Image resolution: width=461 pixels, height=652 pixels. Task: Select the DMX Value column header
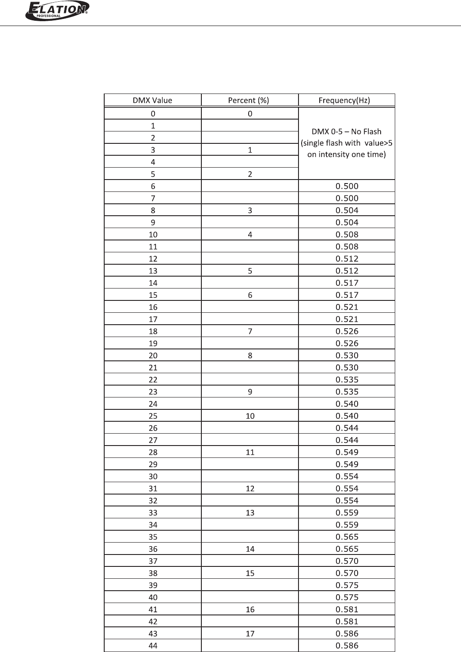pyautogui.click(x=152, y=100)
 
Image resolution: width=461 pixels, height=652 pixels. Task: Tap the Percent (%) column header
pyautogui.click(x=249, y=100)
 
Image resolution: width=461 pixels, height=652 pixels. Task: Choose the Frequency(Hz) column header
pyautogui.click(x=347, y=100)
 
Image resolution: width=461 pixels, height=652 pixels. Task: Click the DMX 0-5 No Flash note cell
pyautogui.click(x=347, y=143)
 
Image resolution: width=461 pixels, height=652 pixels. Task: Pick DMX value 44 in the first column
pyautogui.click(x=153, y=646)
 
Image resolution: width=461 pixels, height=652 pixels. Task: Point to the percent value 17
pyautogui.click(x=250, y=633)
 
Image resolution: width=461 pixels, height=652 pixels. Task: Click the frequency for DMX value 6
pyautogui.click(x=347, y=186)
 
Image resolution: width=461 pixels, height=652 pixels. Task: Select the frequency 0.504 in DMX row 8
pyautogui.click(x=347, y=210)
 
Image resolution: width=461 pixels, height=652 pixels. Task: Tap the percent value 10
pyautogui.click(x=250, y=416)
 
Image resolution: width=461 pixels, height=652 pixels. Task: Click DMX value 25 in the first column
pyautogui.click(x=153, y=416)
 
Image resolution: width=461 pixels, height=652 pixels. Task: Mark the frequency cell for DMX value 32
pyautogui.click(x=347, y=501)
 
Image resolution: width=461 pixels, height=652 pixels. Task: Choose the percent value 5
pyautogui.click(x=250, y=271)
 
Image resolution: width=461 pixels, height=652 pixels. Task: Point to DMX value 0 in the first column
pyautogui.click(x=153, y=113)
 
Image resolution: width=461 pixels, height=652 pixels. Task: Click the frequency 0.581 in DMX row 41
pyautogui.click(x=347, y=609)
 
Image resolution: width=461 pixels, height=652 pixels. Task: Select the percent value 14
pyautogui.click(x=250, y=549)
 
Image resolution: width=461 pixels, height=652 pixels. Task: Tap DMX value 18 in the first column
pyautogui.click(x=153, y=331)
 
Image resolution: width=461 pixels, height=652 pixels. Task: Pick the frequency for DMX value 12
pyautogui.click(x=347, y=259)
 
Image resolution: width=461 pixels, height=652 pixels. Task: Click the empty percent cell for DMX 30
pyautogui.click(x=250, y=476)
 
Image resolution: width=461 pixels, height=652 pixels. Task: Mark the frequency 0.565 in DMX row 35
pyautogui.click(x=347, y=537)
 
